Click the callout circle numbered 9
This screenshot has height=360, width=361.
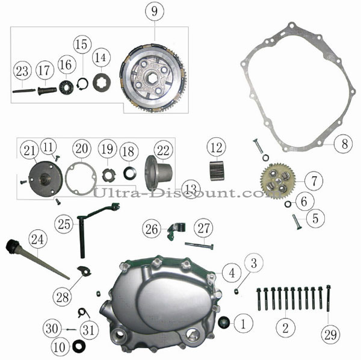[155, 11]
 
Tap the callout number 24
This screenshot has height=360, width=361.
[38, 240]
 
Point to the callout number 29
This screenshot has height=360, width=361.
[330, 335]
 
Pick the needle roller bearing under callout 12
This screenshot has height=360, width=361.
[217, 171]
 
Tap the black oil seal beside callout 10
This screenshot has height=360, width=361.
[79, 346]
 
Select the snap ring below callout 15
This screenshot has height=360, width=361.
[82, 84]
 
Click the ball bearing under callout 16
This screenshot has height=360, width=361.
[66, 87]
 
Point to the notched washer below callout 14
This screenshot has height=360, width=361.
[102, 82]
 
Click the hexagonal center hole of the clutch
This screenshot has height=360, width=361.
[152, 78]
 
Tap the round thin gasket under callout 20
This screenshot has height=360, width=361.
[81, 178]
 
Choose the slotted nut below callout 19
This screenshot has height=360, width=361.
[109, 175]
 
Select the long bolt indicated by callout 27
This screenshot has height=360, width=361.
[199, 246]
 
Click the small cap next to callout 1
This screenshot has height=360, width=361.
[224, 321]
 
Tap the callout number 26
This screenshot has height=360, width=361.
[152, 229]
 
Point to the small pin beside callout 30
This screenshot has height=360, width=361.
[71, 329]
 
